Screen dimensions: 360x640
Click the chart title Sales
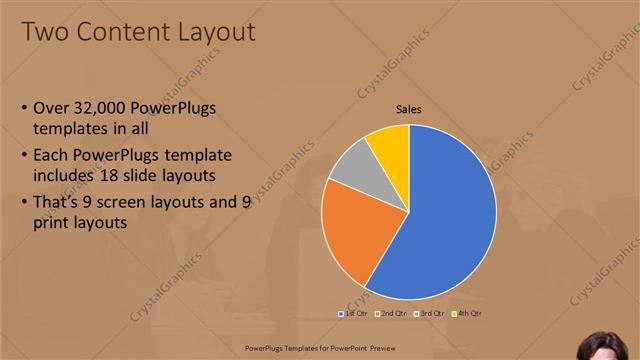[408, 108]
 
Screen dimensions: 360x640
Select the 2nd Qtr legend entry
[392, 313]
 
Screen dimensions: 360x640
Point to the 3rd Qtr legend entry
[430, 313]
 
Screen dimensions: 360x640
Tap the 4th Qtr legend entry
[468, 313]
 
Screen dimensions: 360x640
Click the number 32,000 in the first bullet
[106, 108]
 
